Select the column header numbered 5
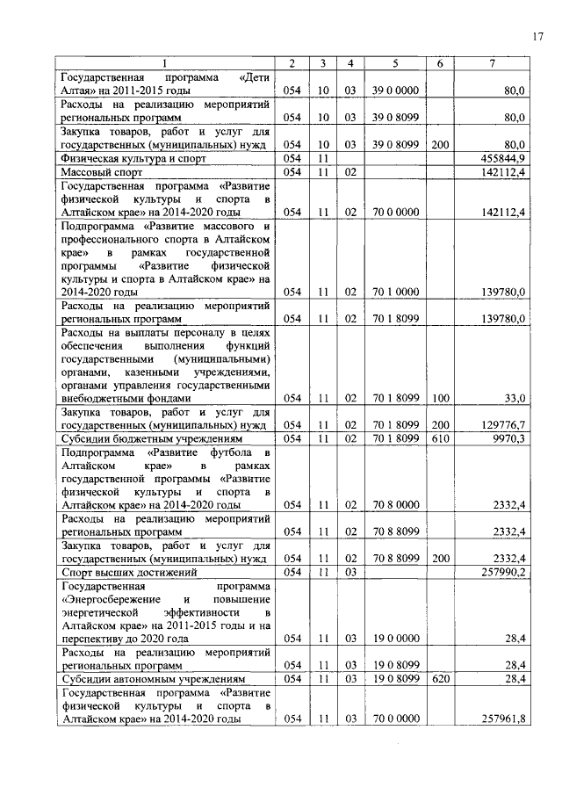tap(394, 63)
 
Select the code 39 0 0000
tap(395, 90)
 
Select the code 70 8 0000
tap(395, 505)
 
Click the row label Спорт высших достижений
tap(127, 573)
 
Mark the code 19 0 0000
tap(395, 640)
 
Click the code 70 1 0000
tap(395, 292)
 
